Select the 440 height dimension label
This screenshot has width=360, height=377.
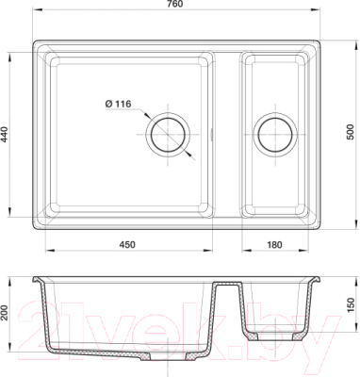tap(4, 135)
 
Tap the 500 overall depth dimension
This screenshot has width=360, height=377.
tap(351, 132)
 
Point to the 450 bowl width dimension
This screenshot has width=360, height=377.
tap(127, 244)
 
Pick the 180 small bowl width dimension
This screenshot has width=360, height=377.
tap(274, 244)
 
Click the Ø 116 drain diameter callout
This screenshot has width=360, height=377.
tap(118, 104)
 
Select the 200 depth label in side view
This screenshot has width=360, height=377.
tap(4, 313)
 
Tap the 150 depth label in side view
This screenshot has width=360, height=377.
tap(351, 305)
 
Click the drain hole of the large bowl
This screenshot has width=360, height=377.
tap(168, 135)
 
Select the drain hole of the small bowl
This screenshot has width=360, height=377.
tap(275, 135)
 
